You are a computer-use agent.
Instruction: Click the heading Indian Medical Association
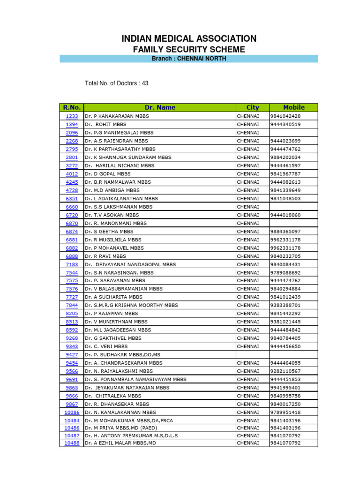[x=189, y=39]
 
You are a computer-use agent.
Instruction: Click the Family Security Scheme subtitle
[x=189, y=50]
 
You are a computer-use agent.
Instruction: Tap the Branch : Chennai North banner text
[x=189, y=59]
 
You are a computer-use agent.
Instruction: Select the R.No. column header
[x=72, y=107]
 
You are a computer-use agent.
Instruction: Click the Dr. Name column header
[x=160, y=107]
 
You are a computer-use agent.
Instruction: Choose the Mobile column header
[x=293, y=107]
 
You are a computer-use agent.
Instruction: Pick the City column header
[x=252, y=107]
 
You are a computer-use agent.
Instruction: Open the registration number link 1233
[x=72, y=116]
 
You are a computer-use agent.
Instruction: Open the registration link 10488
[x=72, y=443]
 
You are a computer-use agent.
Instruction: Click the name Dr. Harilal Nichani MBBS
[x=120, y=165]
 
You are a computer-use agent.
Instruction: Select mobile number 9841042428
[x=285, y=116]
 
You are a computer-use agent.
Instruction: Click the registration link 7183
[x=72, y=264]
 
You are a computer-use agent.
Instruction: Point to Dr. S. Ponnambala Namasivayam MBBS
[x=135, y=380]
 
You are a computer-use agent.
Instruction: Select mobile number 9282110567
[x=285, y=371]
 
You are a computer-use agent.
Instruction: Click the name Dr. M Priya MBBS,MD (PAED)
[x=121, y=428]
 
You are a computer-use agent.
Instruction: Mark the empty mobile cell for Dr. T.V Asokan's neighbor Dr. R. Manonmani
[x=293, y=224]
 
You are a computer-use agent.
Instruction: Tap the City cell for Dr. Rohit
[x=252, y=125]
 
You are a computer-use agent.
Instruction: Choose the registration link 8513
[x=72, y=322]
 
